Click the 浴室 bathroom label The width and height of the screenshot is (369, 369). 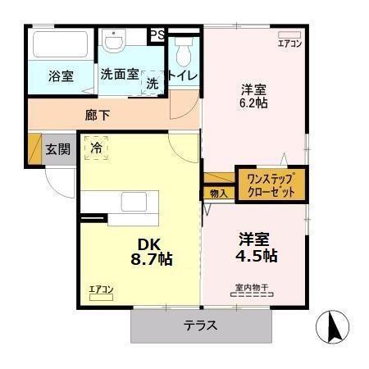click(61, 76)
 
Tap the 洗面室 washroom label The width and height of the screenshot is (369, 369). click(119, 74)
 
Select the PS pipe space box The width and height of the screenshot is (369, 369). click(155, 35)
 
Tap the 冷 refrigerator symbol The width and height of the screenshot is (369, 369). click(97, 148)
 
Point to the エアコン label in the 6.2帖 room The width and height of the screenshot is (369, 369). click(289, 43)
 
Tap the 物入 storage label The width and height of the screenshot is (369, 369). click(217, 194)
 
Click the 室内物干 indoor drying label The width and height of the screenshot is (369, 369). click(252, 288)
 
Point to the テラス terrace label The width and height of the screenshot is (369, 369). click(200, 326)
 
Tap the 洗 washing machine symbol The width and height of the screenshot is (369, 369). click(152, 82)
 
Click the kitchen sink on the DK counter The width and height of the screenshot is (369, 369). click(132, 202)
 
